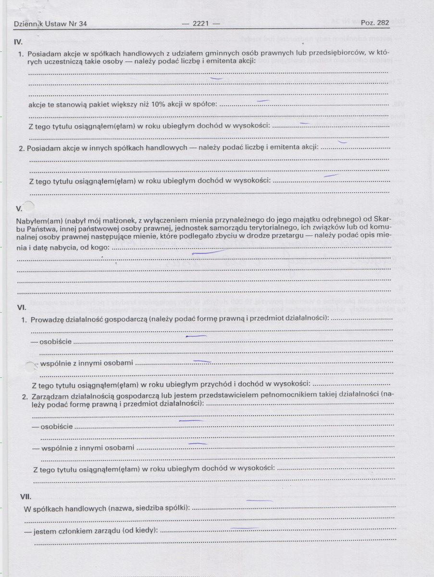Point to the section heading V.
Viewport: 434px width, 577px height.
pyautogui.click(x=19, y=209)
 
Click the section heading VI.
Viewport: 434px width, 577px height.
pyautogui.click(x=21, y=307)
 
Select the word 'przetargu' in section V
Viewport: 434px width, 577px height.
pyautogui.click(x=281, y=238)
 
